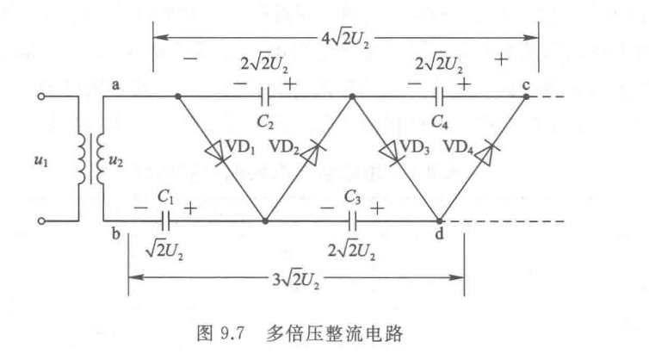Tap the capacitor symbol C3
[x=350, y=221]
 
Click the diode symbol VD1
[x=215, y=152]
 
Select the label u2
[x=114, y=158]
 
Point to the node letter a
[x=114, y=83]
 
